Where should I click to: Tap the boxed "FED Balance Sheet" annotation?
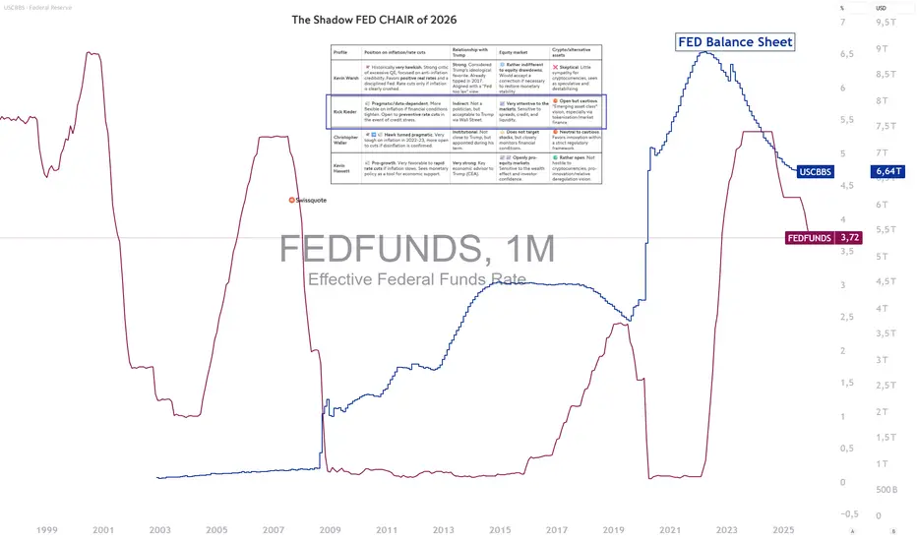734,42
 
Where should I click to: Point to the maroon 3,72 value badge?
849,237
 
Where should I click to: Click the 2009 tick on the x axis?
330,529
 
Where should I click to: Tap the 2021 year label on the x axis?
671,529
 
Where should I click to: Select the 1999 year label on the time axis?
45,529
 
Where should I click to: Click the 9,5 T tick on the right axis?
886,22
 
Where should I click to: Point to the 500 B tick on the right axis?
886,489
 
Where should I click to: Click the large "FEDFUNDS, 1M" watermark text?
416,249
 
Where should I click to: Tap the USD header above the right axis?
882,9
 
